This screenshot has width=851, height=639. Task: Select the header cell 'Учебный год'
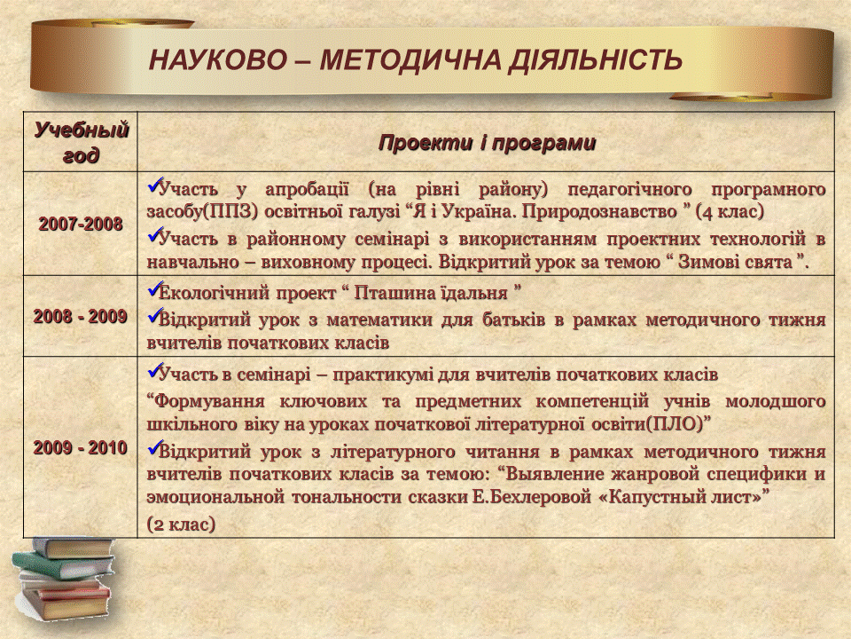[x=81, y=142]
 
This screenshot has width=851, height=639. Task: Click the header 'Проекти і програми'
[x=487, y=142]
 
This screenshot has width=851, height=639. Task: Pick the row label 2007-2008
[x=81, y=224]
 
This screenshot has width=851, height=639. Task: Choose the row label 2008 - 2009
[x=81, y=316]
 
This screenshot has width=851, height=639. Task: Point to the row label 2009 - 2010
[x=81, y=447]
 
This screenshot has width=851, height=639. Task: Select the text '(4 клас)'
[x=730, y=212]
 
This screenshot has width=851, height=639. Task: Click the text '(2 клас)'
[x=181, y=525]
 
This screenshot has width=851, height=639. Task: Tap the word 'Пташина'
[x=390, y=294]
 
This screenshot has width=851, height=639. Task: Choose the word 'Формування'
[x=207, y=402]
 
